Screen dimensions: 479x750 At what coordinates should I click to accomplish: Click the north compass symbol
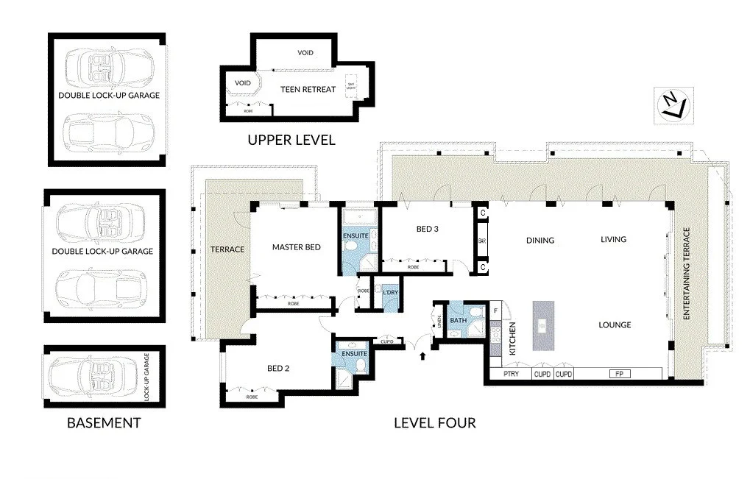tap(671, 104)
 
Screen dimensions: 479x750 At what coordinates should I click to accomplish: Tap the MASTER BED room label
tap(296, 247)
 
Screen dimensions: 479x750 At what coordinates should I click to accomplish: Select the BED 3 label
tap(428, 229)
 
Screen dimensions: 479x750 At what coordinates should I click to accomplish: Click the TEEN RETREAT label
tap(308, 89)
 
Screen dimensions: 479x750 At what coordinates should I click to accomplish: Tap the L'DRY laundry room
tap(389, 294)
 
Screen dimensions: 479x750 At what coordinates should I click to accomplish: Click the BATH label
tap(459, 320)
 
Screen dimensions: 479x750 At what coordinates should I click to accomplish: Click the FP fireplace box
tap(616, 374)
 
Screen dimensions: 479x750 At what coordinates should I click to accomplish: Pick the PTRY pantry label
tap(511, 374)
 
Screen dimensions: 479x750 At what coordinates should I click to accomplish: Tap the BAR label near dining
tap(483, 241)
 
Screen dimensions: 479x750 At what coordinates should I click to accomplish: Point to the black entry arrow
tap(423, 358)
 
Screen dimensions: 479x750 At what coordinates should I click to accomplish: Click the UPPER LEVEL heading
tap(291, 140)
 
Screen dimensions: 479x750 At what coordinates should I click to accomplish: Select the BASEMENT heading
tap(104, 423)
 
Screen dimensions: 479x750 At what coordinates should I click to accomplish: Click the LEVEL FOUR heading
tap(434, 423)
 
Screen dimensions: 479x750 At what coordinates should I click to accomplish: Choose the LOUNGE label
tap(615, 324)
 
